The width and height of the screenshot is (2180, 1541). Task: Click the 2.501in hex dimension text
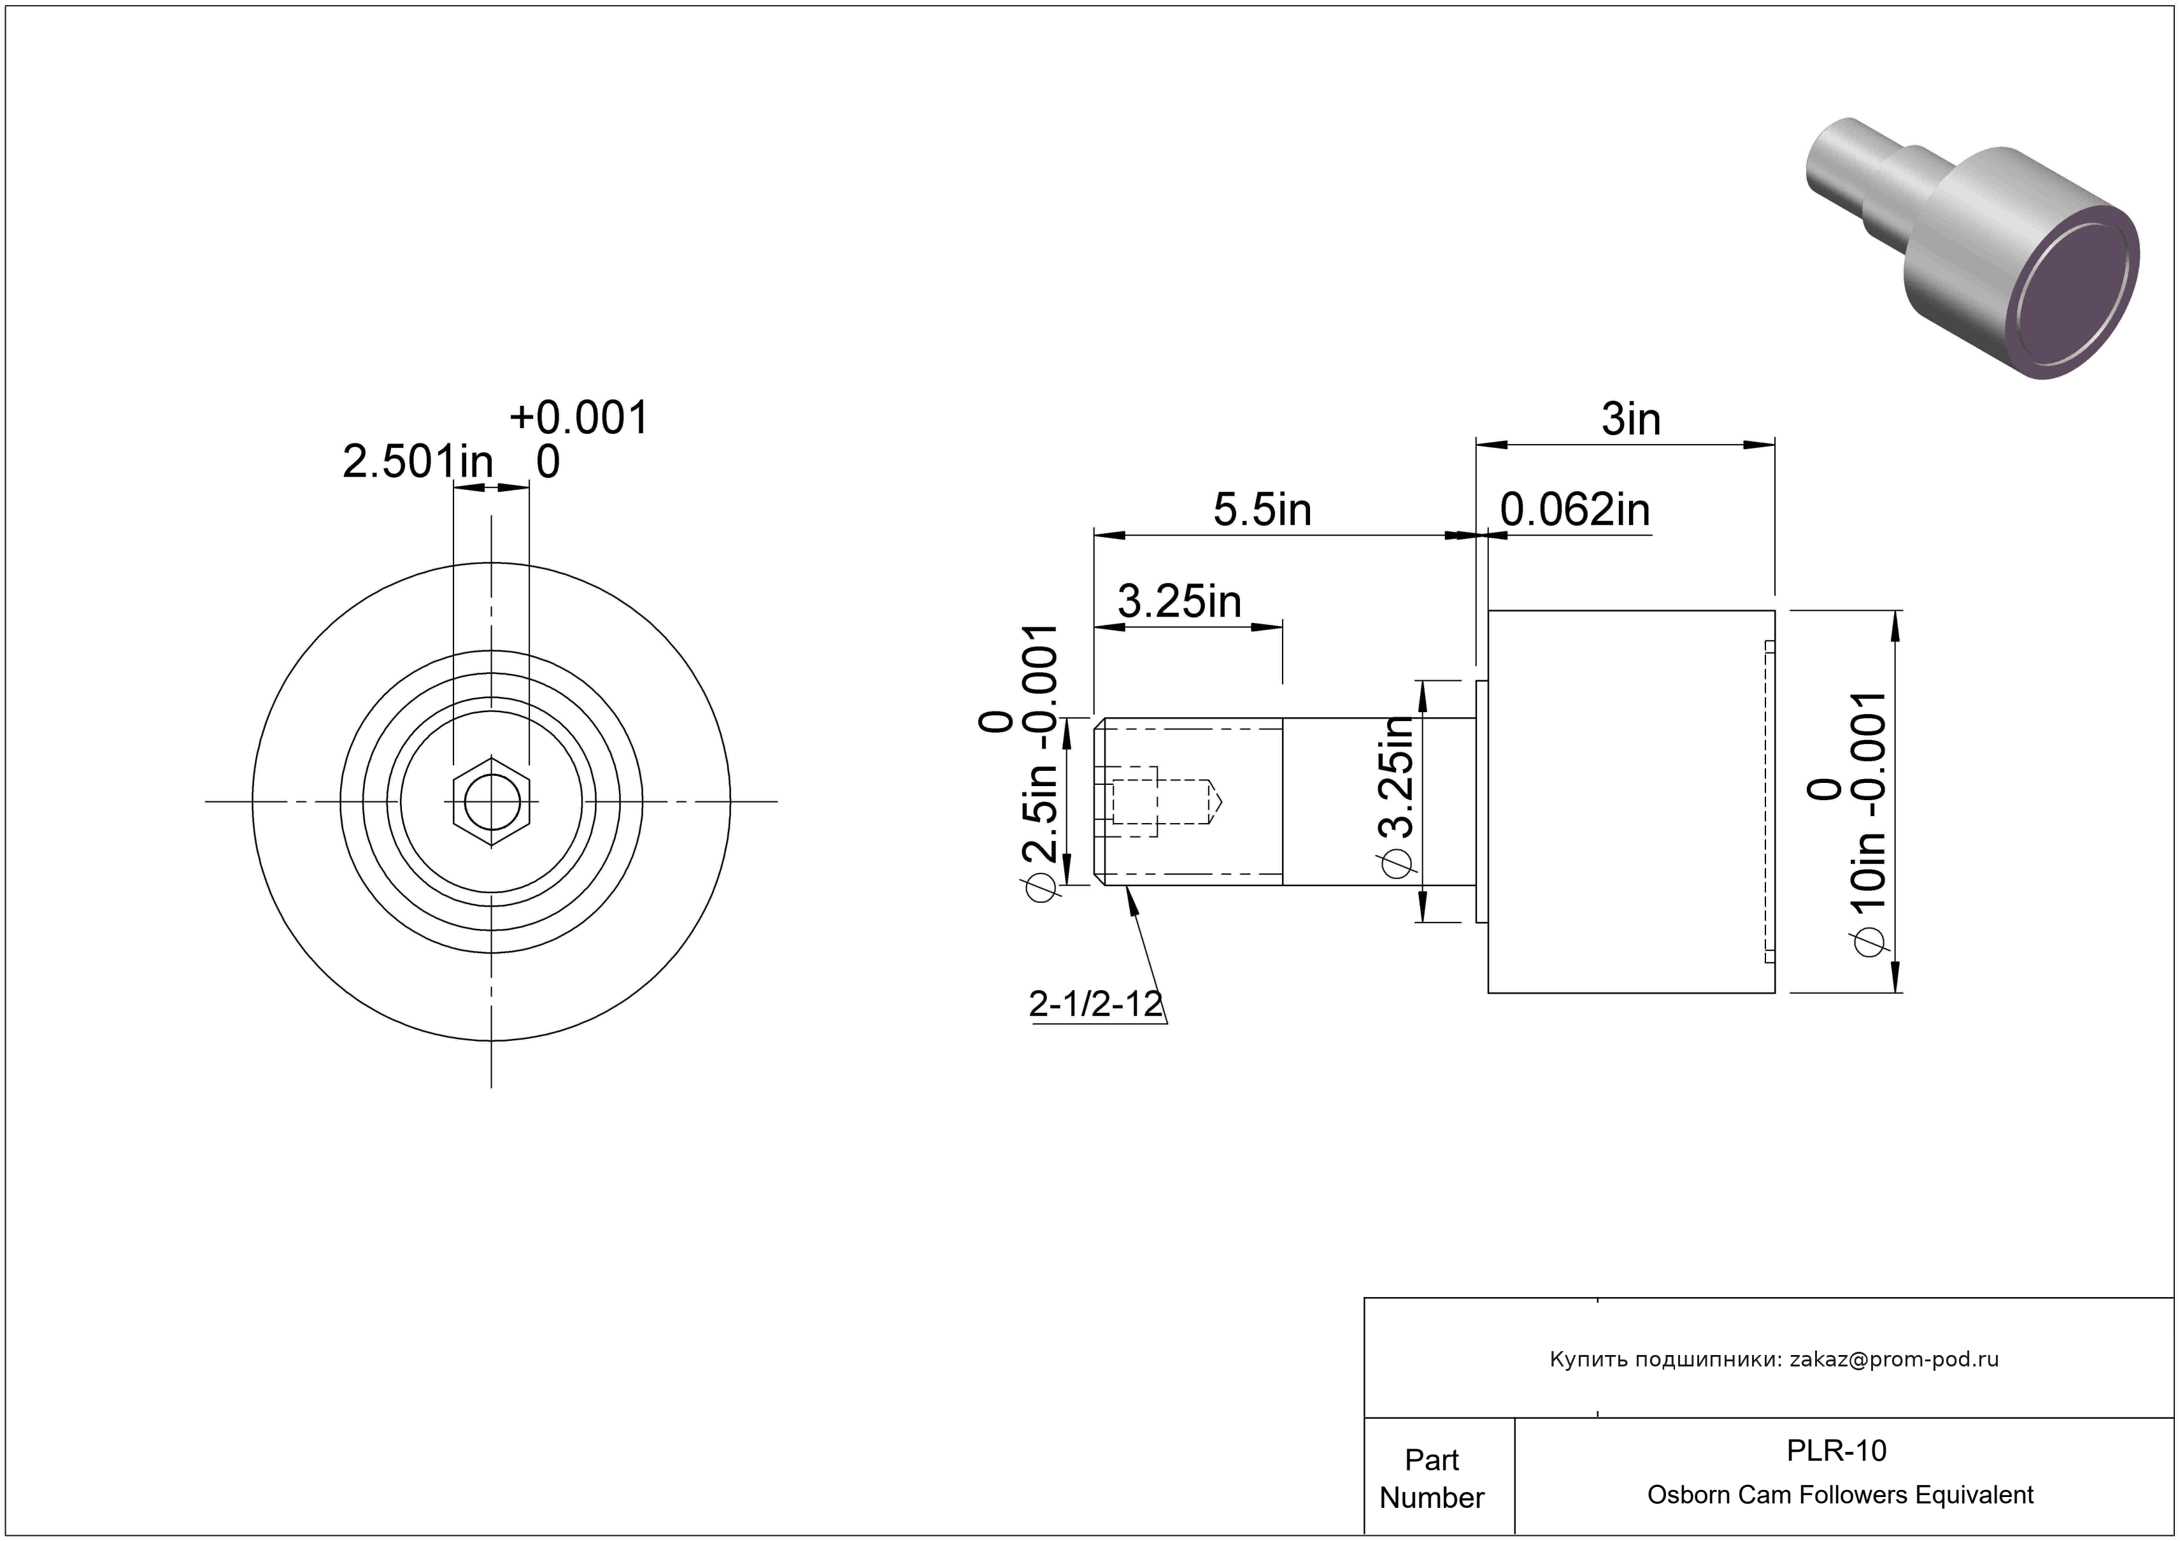click(418, 462)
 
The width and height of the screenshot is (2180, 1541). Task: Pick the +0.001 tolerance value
click(579, 418)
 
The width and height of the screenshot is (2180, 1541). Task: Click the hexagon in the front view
click(491, 801)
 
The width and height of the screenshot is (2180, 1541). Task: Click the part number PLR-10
click(1836, 1450)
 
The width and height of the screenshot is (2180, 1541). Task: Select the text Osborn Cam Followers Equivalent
click(1839, 1494)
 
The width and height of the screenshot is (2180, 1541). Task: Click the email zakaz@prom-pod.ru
click(1893, 1359)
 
